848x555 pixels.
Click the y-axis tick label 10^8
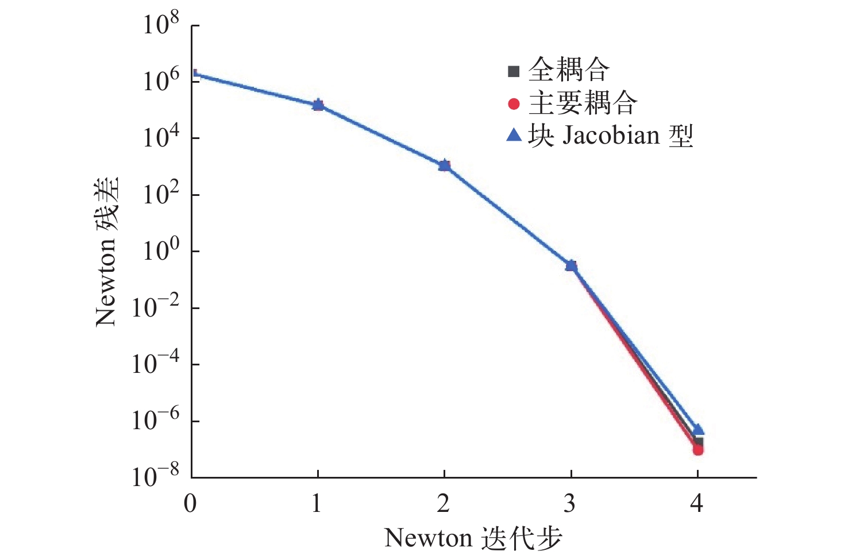pyautogui.click(x=161, y=24)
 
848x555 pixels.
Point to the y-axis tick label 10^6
pyautogui.click(x=161, y=80)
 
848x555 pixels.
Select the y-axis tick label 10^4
pyautogui.click(x=161, y=137)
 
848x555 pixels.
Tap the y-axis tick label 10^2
pyautogui.click(x=161, y=194)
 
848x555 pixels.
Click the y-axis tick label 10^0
pyautogui.click(x=161, y=250)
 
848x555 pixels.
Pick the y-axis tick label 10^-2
pyautogui.click(x=156, y=307)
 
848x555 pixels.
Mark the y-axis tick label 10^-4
pyautogui.click(x=156, y=364)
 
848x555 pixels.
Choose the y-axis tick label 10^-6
pyautogui.click(x=156, y=421)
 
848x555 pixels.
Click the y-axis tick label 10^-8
pyautogui.click(x=156, y=477)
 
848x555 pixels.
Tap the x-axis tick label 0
pyautogui.click(x=190, y=503)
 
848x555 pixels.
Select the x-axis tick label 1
pyautogui.click(x=317, y=503)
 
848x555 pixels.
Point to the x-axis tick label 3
pyautogui.click(x=570, y=503)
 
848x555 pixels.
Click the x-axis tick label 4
pyautogui.click(x=697, y=503)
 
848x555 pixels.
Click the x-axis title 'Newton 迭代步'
pyautogui.click(x=473, y=538)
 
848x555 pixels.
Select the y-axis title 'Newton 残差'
pyautogui.click(x=107, y=251)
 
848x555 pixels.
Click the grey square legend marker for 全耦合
pyautogui.click(x=514, y=71)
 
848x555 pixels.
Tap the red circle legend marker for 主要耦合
pyautogui.click(x=514, y=104)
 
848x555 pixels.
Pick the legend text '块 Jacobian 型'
pyautogui.click(x=610, y=136)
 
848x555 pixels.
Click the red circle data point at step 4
pyautogui.click(x=698, y=450)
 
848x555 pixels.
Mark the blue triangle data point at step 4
pyautogui.click(x=698, y=429)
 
